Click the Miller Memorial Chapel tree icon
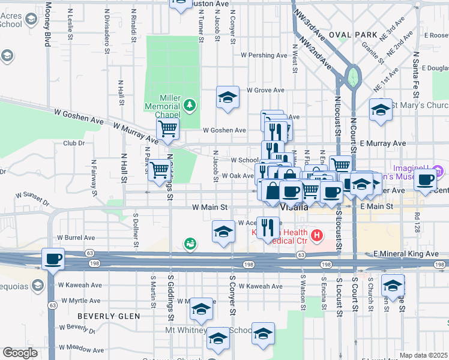pos(190,106)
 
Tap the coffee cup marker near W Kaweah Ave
pos(53,259)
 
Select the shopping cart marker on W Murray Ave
pos(168,128)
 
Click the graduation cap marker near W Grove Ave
pos(228,97)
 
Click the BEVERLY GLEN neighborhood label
pos(109,316)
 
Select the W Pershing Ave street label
pos(264,55)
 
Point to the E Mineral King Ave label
pos(406,254)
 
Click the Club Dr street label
pos(74,143)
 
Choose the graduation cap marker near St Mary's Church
pos(381,110)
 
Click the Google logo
pos(20,353)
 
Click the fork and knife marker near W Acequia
pos(268,227)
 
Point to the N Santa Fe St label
pos(415,75)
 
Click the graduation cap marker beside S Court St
pos(393,286)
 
